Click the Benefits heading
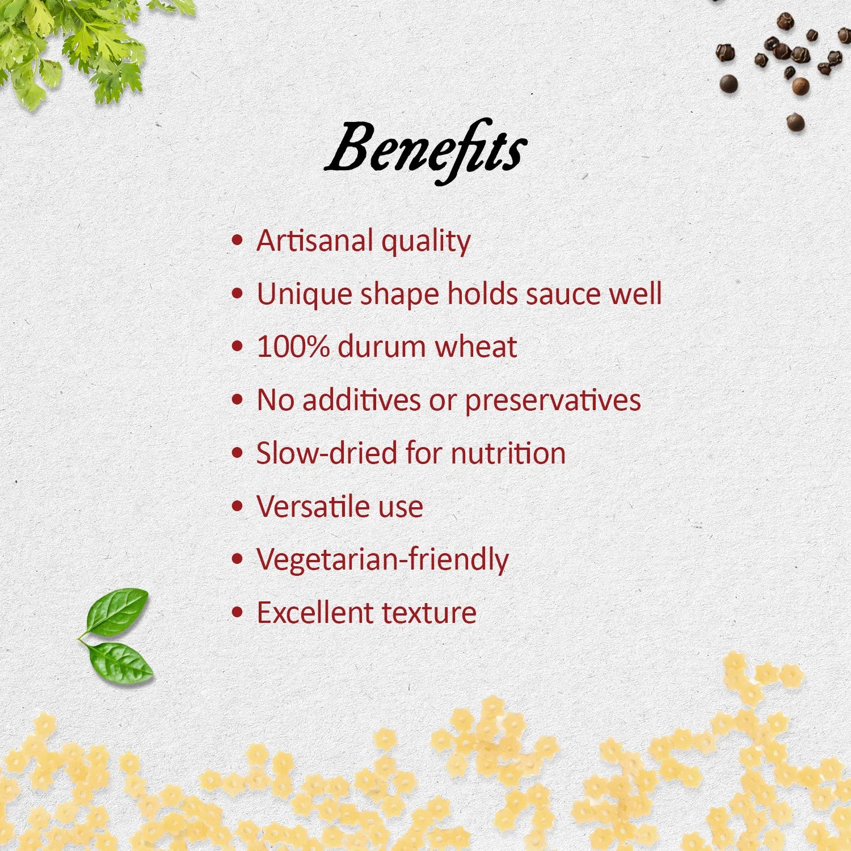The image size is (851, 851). click(x=425, y=150)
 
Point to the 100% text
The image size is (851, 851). click(x=293, y=347)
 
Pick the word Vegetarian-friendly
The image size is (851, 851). click(x=382, y=560)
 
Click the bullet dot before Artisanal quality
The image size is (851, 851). click(x=238, y=241)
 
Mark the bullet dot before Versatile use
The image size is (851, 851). click(x=238, y=506)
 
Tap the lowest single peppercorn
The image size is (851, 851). click(x=795, y=122)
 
